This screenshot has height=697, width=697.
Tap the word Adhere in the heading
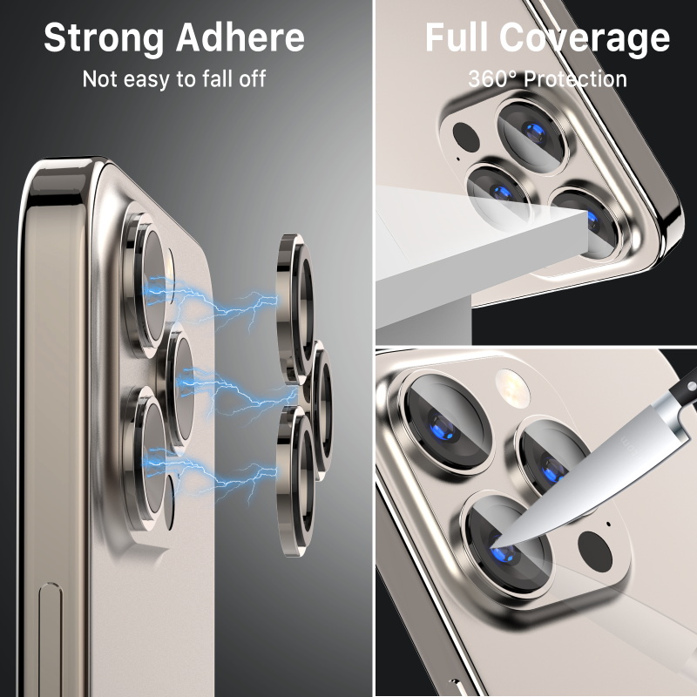(240, 37)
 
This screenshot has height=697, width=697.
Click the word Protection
(575, 79)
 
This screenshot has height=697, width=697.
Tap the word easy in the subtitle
(146, 80)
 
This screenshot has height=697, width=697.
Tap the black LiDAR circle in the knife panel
(595, 552)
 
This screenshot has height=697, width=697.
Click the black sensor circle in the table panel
(465, 136)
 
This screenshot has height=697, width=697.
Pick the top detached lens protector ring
(294, 308)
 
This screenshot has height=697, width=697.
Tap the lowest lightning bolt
(210, 476)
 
